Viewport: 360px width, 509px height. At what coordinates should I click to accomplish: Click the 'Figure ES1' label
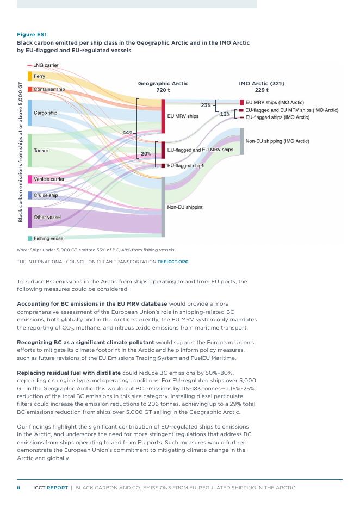pos(32,34)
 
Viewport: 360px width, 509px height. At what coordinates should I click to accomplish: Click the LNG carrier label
pos(46,65)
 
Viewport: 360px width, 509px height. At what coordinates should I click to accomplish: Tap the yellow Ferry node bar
pos(30,76)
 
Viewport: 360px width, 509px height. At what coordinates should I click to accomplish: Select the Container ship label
pos(49,89)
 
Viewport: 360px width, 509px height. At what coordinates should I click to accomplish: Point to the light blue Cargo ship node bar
pos(30,113)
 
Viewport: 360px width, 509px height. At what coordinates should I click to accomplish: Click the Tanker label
pos(41,150)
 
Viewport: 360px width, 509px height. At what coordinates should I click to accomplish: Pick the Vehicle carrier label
pos(49,179)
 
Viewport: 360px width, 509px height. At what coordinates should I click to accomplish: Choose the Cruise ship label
pos(46,195)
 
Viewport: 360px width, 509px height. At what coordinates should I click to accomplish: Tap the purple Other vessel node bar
pos(30,217)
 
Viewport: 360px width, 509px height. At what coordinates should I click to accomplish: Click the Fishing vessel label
pos(49,238)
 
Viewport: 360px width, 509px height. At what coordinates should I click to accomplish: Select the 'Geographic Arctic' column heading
pos(163,84)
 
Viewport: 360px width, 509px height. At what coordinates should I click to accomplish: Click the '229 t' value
pos(262,90)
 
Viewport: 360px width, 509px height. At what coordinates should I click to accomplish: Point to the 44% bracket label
pos(127,132)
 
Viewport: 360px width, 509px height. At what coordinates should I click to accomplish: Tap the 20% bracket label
pos(146,154)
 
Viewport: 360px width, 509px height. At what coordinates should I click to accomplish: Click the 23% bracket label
pos(206,105)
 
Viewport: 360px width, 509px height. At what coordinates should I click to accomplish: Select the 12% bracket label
pos(225,114)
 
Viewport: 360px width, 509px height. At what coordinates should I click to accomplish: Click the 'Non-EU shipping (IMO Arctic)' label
pos(277,141)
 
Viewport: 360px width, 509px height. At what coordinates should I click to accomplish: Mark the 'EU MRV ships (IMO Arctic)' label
pos(275,102)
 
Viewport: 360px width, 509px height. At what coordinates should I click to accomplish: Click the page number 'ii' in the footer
pos(18,488)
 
